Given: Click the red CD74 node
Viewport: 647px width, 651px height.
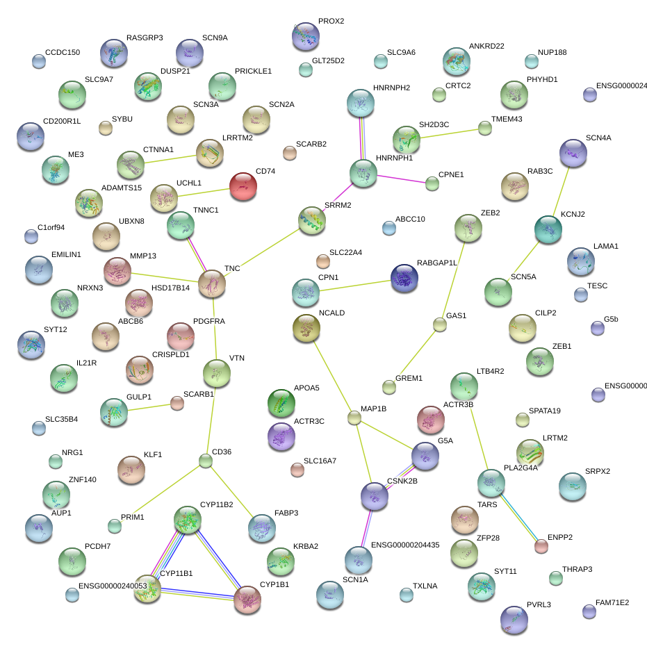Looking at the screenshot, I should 243,187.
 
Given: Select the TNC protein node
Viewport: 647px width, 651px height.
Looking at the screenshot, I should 212,283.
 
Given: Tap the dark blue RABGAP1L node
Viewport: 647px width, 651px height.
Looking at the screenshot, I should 404,278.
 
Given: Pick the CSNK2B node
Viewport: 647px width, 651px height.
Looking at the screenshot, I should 375,495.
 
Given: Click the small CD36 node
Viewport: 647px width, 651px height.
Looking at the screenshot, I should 205,460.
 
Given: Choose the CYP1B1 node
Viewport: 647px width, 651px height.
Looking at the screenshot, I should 247,599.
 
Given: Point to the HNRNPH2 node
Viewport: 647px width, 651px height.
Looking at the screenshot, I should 361,104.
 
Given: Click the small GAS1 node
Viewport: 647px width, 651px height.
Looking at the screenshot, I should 439,324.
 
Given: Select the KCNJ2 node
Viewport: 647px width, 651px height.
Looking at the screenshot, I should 548,229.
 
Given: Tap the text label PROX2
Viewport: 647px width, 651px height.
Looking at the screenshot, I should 331,22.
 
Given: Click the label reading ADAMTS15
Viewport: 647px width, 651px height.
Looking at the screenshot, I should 122,188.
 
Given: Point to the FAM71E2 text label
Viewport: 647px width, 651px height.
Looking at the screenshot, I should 612,602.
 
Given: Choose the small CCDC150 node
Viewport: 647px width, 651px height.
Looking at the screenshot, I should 39,62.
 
